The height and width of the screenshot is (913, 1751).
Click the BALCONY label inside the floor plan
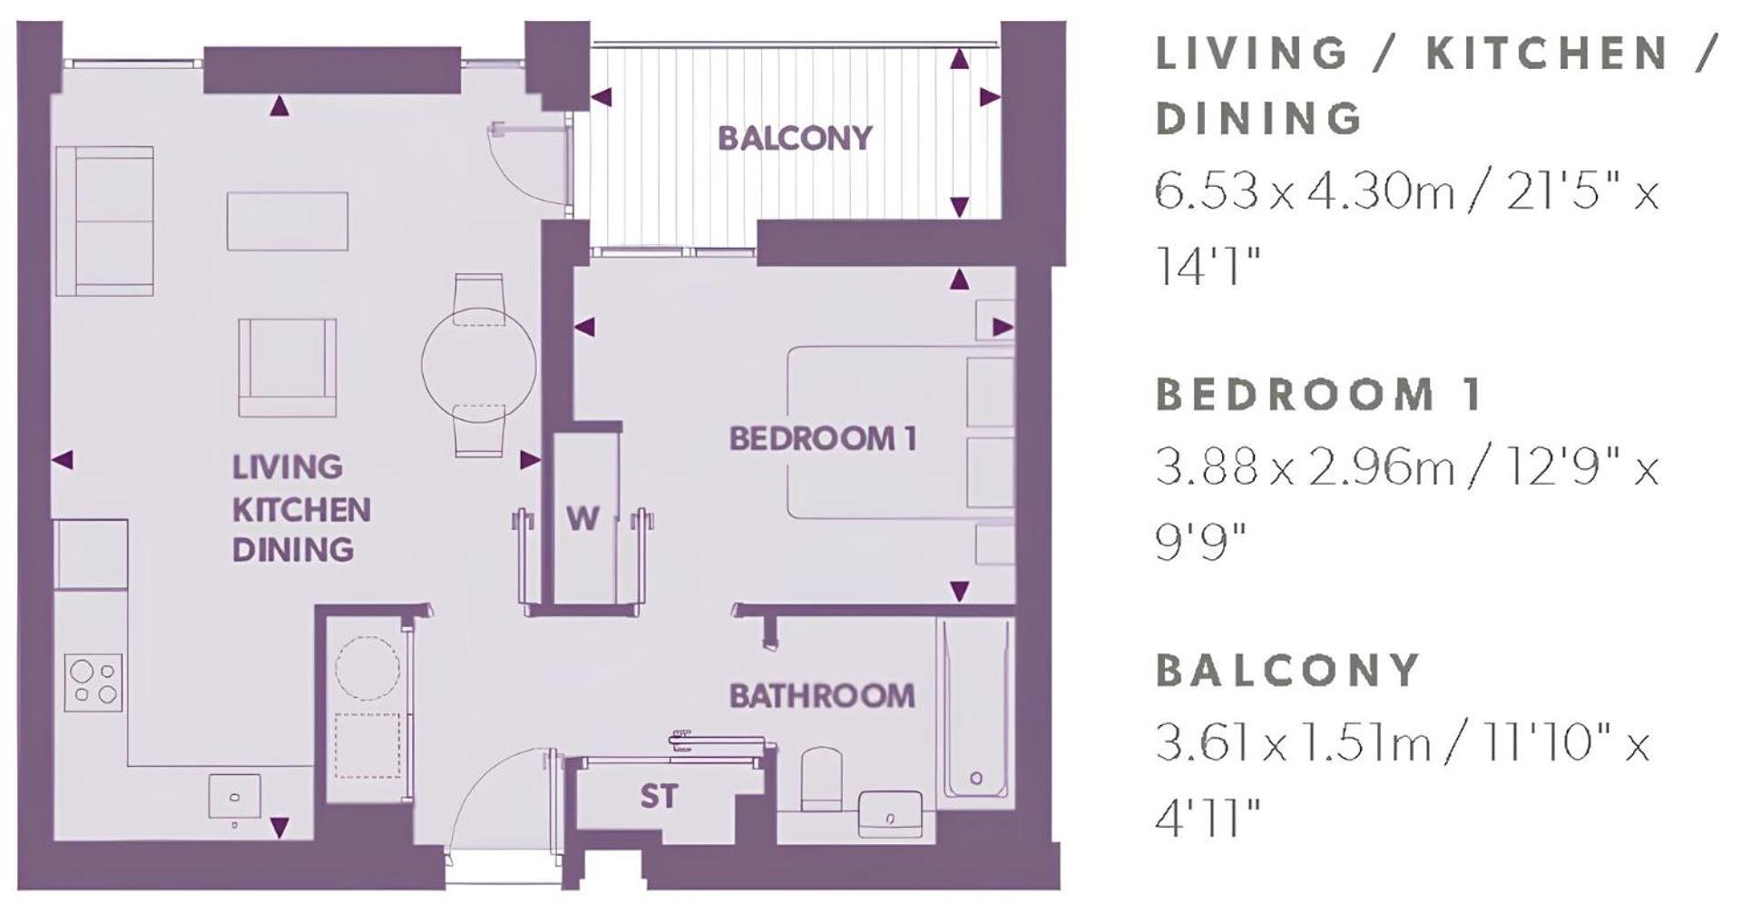tap(795, 138)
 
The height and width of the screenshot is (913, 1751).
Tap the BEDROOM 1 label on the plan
tap(823, 438)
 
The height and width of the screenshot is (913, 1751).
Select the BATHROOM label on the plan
tap(822, 696)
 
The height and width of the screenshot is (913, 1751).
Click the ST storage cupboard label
tap(659, 796)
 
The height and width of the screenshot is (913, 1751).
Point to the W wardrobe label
tap(582, 518)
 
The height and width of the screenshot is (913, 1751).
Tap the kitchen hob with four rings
tap(93, 682)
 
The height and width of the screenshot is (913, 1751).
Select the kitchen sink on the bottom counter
tap(235, 797)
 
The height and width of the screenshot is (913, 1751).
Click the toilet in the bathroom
tap(822, 778)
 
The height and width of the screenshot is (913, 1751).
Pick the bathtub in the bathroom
tap(975, 709)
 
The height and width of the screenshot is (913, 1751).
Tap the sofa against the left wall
tap(104, 221)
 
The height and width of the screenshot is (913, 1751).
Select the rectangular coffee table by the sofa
tap(288, 221)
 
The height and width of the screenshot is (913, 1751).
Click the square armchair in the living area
tap(288, 368)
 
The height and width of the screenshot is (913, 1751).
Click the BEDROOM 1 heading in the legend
tap(1318, 394)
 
